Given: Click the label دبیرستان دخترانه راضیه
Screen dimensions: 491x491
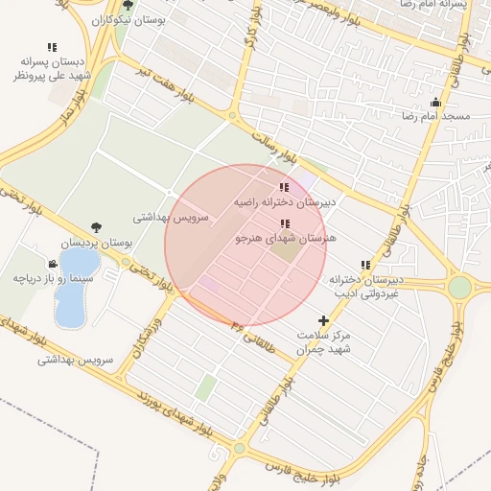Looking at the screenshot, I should click(287, 203).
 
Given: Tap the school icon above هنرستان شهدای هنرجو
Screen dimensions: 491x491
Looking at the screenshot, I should click(283, 222).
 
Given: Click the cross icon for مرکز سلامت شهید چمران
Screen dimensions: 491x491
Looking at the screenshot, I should click(323, 321).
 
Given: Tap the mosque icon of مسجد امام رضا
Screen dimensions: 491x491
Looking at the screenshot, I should click(436, 103).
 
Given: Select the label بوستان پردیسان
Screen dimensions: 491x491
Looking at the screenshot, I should click(97, 244).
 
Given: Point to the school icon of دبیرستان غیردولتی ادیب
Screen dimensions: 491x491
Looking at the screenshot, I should click(364, 265).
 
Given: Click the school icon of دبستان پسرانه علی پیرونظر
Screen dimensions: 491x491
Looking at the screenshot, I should click(51, 47).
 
